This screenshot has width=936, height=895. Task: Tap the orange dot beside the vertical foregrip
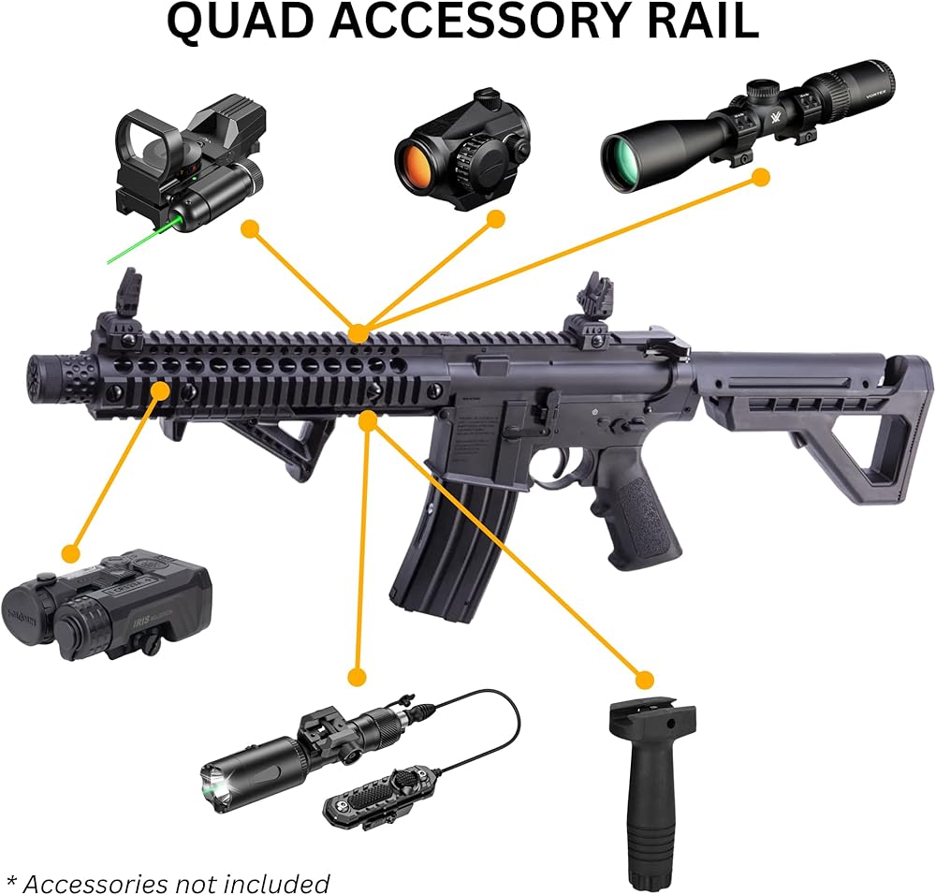coord(644,679)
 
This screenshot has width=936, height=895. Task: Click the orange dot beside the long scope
coord(761,176)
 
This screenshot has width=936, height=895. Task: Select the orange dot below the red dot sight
coord(496,219)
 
